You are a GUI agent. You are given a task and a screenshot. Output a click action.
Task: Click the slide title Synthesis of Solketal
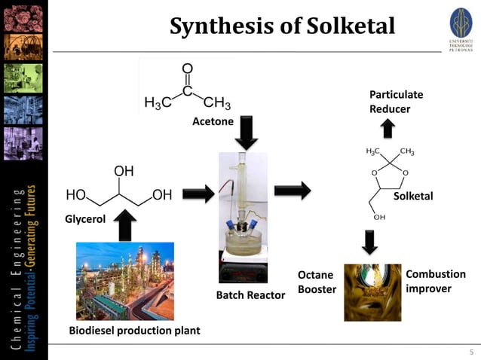click(x=282, y=26)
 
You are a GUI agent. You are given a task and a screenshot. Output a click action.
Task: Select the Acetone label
click(x=213, y=121)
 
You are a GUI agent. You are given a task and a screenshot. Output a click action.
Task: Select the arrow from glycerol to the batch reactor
click(x=198, y=194)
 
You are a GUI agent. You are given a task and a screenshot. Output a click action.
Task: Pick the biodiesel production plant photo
click(x=124, y=280)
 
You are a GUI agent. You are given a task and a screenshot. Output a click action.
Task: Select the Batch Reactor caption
click(x=250, y=295)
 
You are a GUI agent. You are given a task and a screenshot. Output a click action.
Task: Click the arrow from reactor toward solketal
click(x=293, y=191)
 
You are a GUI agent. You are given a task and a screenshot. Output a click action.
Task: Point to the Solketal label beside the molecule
click(x=413, y=196)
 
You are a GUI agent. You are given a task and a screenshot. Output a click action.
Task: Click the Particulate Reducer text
click(x=396, y=102)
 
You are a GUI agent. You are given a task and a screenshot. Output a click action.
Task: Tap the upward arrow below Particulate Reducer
click(x=388, y=129)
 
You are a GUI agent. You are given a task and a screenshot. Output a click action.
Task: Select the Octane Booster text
click(x=317, y=282)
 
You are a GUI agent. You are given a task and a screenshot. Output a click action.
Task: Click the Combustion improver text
click(x=436, y=281)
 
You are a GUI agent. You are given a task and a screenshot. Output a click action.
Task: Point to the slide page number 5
click(x=471, y=352)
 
